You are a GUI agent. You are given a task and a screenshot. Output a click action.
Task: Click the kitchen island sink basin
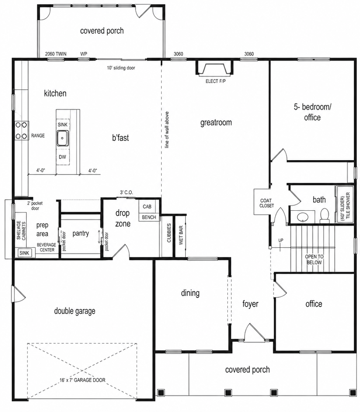click(x=63, y=138)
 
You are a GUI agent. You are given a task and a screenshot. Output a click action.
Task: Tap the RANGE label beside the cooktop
click(x=38, y=136)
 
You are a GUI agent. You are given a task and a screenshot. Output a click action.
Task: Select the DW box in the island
click(x=62, y=157)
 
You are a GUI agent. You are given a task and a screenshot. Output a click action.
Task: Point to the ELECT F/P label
click(x=216, y=81)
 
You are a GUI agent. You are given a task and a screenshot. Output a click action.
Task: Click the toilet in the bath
click(x=325, y=215)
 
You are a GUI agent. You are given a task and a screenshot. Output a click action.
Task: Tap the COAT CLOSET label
click(x=267, y=203)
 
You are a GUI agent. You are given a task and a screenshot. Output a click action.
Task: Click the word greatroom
click(x=216, y=123)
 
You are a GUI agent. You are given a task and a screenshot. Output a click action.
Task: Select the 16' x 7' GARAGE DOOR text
click(x=82, y=380)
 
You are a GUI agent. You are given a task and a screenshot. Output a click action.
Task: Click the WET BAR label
click(x=181, y=235)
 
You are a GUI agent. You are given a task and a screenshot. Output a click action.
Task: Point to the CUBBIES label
click(x=169, y=233)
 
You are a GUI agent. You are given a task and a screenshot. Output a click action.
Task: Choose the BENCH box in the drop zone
click(x=149, y=217)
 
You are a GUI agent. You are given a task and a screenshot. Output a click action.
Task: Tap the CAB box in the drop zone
click(x=147, y=206)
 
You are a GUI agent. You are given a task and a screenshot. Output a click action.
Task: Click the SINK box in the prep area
click(x=24, y=253)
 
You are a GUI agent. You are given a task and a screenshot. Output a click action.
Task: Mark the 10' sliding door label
click(x=121, y=68)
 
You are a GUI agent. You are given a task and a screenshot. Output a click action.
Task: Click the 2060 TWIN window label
click(x=56, y=54)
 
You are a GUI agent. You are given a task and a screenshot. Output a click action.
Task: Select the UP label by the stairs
click(x=281, y=241)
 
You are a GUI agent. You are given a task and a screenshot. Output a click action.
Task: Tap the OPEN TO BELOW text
click(x=314, y=259)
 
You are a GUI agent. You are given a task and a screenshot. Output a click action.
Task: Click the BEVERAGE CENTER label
click(x=46, y=247)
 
